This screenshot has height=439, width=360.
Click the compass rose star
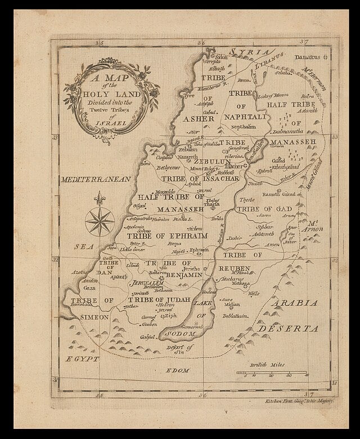(x=100, y=221)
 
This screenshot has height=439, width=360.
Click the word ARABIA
(x=295, y=303)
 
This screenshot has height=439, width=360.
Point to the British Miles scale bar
(x=271, y=373)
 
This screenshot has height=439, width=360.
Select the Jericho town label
(x=185, y=269)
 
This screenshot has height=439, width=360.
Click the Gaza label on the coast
(x=90, y=287)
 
